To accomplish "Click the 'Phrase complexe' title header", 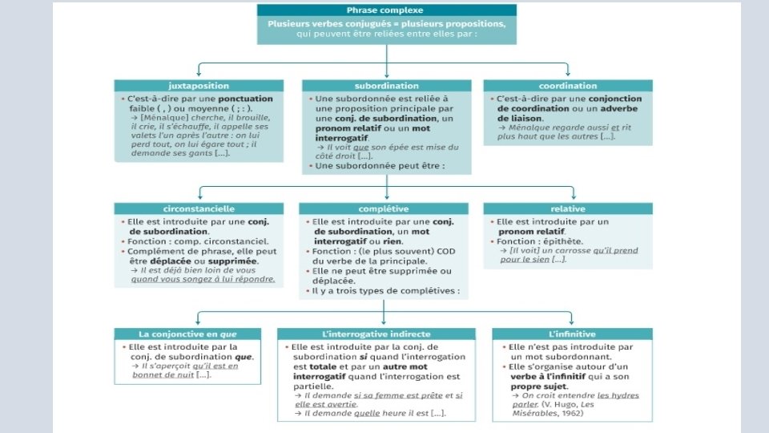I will [x=386, y=10].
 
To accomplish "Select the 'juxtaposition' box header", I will [x=198, y=85].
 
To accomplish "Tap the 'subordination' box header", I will [x=386, y=85].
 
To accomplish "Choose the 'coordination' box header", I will [x=567, y=85].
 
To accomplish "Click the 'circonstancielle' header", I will [x=199, y=208].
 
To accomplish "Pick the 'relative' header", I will [x=567, y=208].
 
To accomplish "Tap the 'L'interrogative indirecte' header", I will [x=376, y=334].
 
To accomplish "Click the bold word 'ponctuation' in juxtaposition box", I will [x=245, y=99].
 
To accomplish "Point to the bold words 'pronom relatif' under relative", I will [x=536, y=231].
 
